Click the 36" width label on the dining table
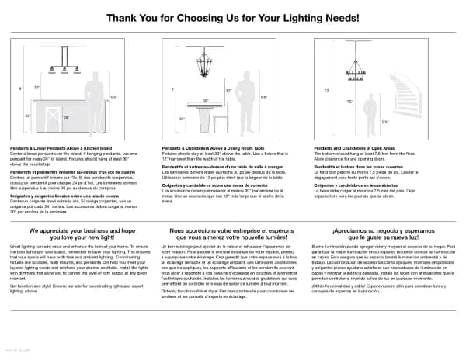pos(205,101)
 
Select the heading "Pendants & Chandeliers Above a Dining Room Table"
pos(210,147)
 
